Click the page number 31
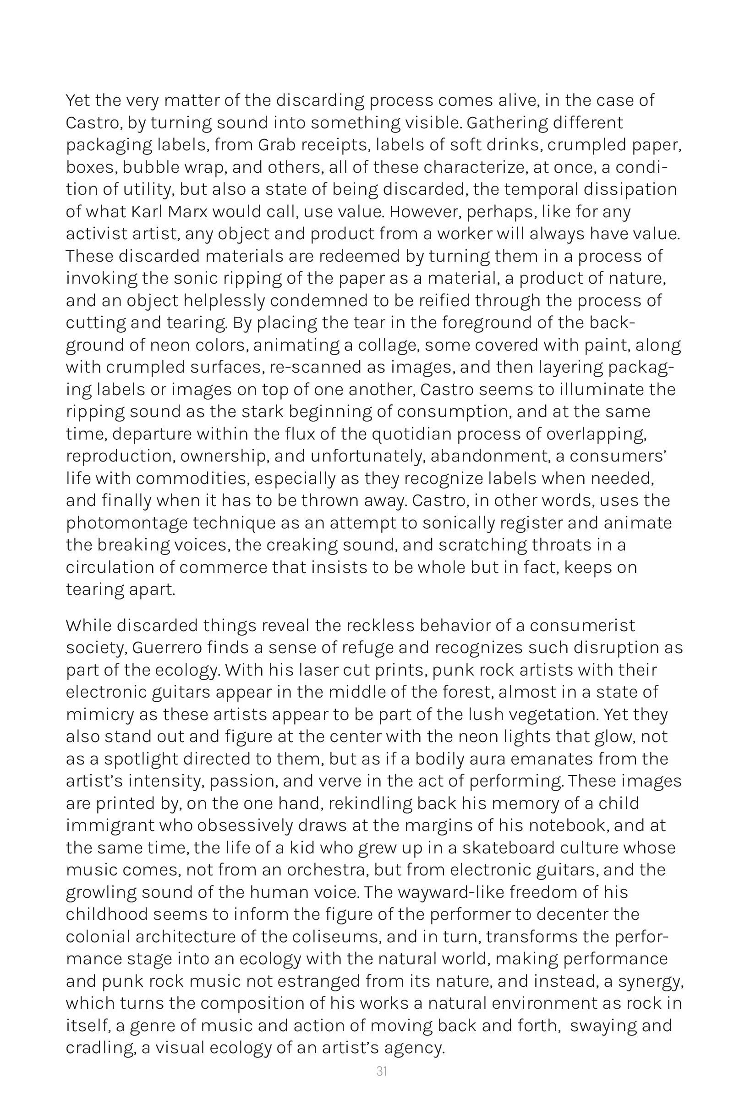tap(381, 1071)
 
